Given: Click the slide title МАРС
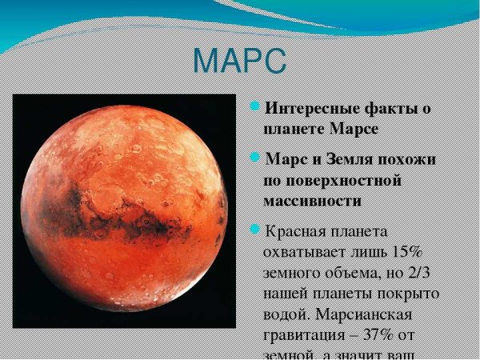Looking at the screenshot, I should (x=239, y=61).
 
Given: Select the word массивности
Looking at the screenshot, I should (x=312, y=199).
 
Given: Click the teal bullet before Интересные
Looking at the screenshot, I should (x=255, y=106).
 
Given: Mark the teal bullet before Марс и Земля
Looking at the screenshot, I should (x=255, y=158).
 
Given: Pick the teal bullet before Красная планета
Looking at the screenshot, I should (x=255, y=230).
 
